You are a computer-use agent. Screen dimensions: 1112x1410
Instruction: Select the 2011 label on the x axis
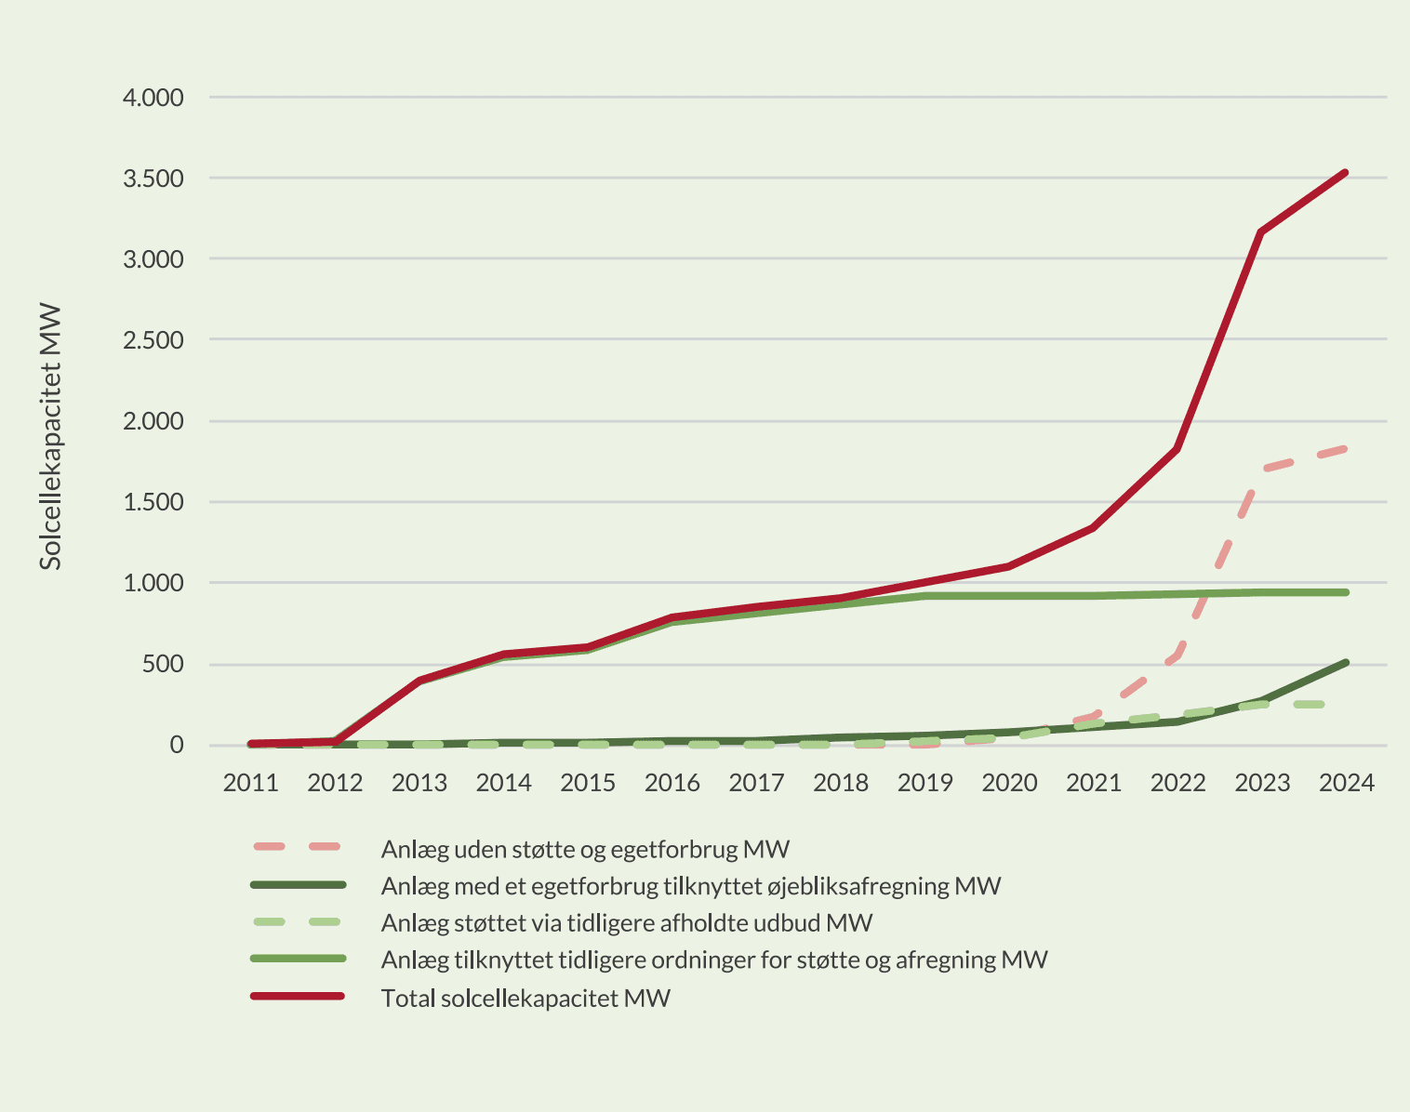pyautogui.click(x=250, y=783)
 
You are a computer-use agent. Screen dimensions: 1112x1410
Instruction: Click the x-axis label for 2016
pyautogui.click(x=672, y=783)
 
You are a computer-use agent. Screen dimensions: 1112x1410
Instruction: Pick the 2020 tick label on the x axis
pyautogui.click(x=1009, y=783)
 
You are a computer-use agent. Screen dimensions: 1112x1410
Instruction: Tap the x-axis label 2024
pyautogui.click(x=1346, y=783)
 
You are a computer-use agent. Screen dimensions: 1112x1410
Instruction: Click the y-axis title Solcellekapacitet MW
pyautogui.click(x=51, y=437)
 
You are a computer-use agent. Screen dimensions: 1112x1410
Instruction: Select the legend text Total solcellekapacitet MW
pyautogui.click(x=525, y=999)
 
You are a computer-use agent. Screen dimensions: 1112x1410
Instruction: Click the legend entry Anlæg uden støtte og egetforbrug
pyautogui.click(x=585, y=849)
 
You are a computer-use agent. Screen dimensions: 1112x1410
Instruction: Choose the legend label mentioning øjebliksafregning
pyautogui.click(x=690, y=886)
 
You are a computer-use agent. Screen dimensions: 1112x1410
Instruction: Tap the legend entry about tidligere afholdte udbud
pyautogui.click(x=627, y=923)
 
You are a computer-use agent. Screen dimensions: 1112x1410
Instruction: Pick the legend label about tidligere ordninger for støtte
pyautogui.click(x=714, y=960)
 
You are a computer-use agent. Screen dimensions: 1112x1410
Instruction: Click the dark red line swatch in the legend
pyautogui.click(x=298, y=997)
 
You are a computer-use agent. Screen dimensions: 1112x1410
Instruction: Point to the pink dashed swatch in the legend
pyautogui.click(x=298, y=847)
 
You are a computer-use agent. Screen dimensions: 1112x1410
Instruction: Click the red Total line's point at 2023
pyautogui.click(x=1261, y=232)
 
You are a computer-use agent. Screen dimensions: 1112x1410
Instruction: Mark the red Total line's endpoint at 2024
pyautogui.click(x=1346, y=172)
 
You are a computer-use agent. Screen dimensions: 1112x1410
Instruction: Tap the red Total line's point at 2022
pyautogui.click(x=1177, y=449)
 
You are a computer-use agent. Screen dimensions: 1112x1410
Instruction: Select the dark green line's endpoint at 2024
pyautogui.click(x=1346, y=662)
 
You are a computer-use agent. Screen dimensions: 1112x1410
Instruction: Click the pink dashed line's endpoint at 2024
pyautogui.click(x=1345, y=449)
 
